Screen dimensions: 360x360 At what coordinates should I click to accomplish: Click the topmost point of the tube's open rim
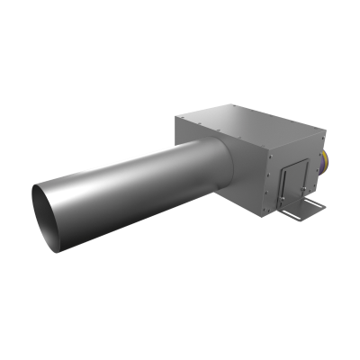tap(40, 184)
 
